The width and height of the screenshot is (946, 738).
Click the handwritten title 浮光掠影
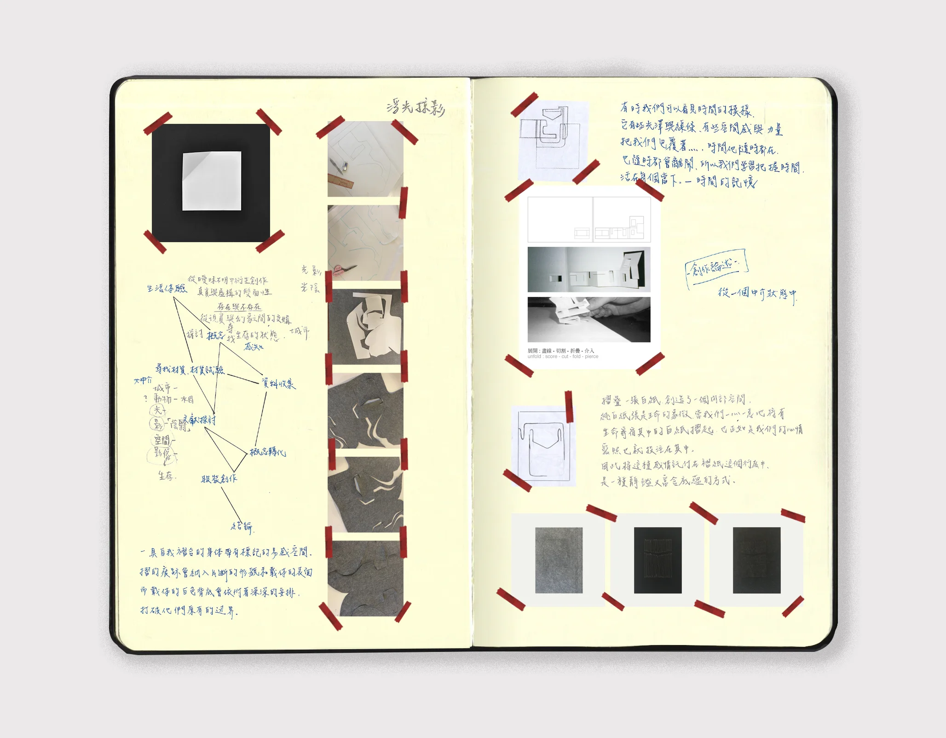(x=415, y=108)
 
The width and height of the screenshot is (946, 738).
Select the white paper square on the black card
(x=212, y=180)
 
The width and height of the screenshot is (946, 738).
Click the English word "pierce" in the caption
(x=592, y=357)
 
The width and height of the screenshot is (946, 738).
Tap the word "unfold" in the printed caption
(x=534, y=357)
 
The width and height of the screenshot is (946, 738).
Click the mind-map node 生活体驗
(x=167, y=288)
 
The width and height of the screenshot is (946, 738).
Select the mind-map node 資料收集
(x=278, y=383)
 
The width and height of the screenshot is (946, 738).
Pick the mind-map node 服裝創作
(x=219, y=479)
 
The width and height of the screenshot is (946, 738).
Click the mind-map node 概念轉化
(x=267, y=452)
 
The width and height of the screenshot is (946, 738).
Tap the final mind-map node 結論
(x=242, y=526)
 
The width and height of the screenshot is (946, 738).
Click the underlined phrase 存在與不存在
(x=239, y=307)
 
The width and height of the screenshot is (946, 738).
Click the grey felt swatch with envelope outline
(x=559, y=560)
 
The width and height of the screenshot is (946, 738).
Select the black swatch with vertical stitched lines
(x=658, y=560)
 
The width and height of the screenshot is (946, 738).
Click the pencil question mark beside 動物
(x=145, y=399)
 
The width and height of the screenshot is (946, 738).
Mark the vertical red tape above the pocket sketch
(x=569, y=406)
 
